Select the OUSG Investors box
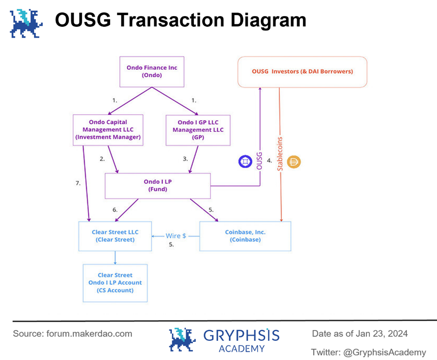coord(302,72)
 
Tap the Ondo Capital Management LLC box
coord(108,129)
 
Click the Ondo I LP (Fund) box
coord(157,185)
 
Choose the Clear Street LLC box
coord(115,236)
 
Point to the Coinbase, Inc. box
coord(246,236)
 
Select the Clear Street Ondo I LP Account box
coord(115,283)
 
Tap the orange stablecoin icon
coord(294,162)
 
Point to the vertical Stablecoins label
coord(279,154)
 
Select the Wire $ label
coord(176,236)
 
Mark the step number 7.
coord(78,183)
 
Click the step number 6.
coord(115,210)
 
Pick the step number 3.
coord(185,159)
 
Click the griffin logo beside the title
coord(26,23)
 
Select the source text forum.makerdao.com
coord(89,334)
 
